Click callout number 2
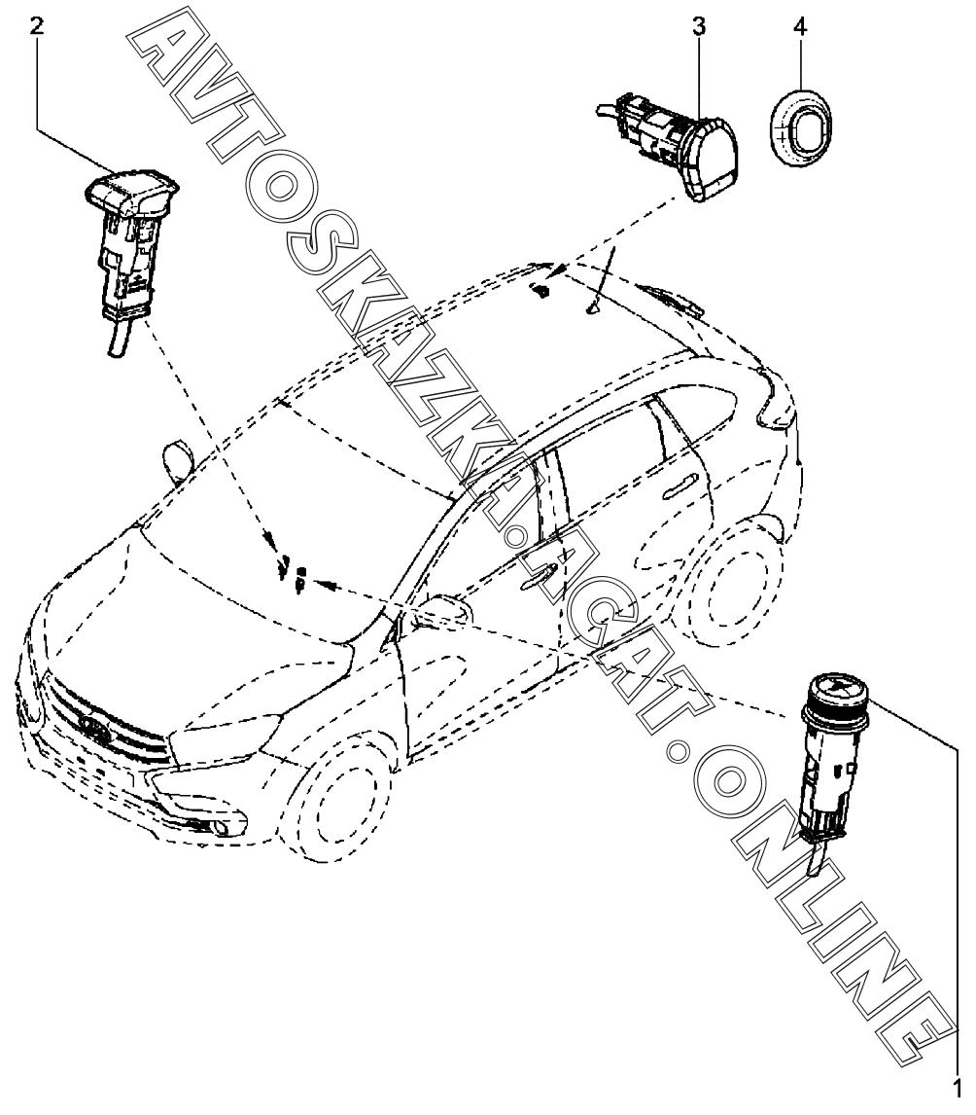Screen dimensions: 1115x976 (x=37, y=26)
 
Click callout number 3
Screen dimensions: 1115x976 (x=699, y=26)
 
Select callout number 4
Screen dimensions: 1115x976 (x=799, y=26)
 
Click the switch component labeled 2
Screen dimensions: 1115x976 (x=127, y=243)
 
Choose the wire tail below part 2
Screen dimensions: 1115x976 (x=117, y=340)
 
